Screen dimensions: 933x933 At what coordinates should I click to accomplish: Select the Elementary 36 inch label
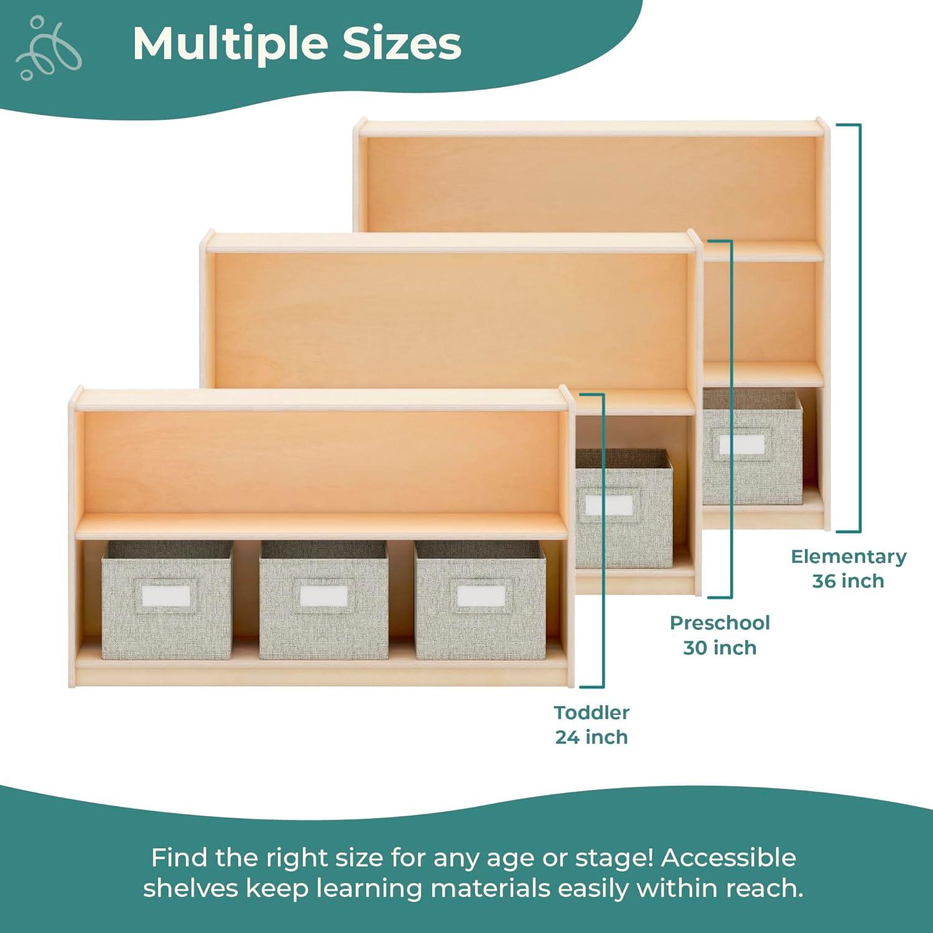point(848,569)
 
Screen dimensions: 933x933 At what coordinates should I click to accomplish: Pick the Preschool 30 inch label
point(720,635)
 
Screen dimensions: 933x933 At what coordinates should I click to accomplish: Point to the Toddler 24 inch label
point(592,725)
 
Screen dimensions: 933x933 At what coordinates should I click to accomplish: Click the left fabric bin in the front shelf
point(167,600)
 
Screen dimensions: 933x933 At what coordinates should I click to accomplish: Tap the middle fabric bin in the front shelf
point(323,600)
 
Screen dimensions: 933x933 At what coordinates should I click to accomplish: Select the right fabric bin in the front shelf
point(480,600)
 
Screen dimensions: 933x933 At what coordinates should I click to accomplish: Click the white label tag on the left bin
point(166,596)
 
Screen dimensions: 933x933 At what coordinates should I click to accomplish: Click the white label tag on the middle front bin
point(323,596)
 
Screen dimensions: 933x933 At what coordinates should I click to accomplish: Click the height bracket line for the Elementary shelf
point(860,328)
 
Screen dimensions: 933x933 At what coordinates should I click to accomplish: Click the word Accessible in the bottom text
point(728,858)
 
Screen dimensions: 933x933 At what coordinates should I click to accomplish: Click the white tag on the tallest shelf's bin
point(741,444)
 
